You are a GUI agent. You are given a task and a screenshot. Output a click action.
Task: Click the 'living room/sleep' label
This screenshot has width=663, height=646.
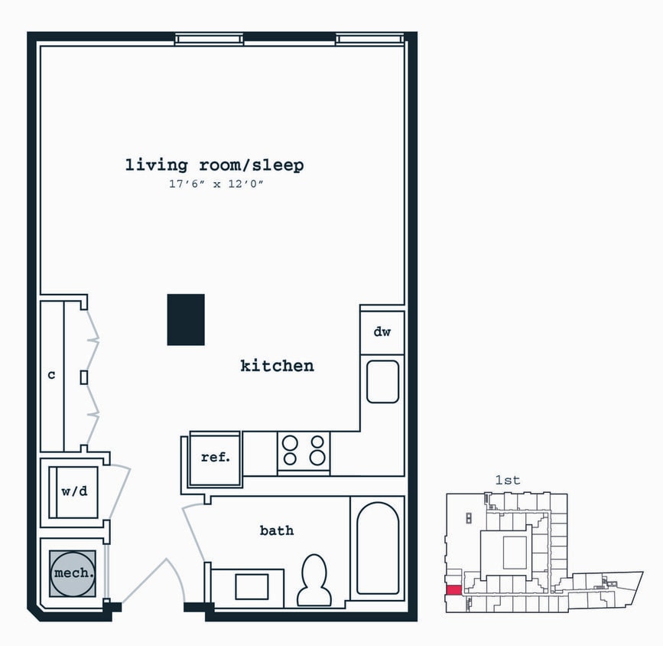click(x=214, y=165)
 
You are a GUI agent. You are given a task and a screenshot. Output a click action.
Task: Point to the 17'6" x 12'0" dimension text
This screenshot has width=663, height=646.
click(x=216, y=184)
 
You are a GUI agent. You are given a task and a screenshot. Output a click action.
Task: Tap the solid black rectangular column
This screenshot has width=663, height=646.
click(x=186, y=320)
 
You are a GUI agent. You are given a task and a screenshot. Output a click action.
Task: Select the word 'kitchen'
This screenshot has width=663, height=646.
click(x=278, y=366)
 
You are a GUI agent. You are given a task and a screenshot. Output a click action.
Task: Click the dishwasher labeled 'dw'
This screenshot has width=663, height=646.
click(x=382, y=332)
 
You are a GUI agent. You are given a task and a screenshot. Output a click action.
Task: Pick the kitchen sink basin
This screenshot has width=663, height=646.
click(x=382, y=381)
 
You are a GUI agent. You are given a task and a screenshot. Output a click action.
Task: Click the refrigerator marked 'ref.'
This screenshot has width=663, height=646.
click(x=216, y=458)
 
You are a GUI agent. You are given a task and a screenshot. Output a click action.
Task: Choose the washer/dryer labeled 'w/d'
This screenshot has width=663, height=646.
click(x=73, y=492)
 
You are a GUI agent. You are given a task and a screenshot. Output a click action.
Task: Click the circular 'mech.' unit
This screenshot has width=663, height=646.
click(x=73, y=573)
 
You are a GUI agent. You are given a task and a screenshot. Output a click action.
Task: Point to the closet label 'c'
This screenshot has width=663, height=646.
click(x=51, y=374)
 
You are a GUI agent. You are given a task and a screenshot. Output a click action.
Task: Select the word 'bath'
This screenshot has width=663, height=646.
click(x=277, y=530)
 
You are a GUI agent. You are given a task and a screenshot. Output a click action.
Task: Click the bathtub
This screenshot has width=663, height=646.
click(x=378, y=548)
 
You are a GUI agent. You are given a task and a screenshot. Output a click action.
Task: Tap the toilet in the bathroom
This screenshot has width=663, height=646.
click(x=314, y=580)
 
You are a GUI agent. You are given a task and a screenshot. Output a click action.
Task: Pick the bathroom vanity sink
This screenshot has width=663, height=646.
click(x=252, y=587)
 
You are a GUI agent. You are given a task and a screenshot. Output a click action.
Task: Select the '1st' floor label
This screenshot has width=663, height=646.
click(x=508, y=480)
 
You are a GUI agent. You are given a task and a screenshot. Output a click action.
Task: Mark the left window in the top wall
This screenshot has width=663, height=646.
click(x=210, y=39)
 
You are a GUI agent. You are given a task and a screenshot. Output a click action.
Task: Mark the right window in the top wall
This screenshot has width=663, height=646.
click(x=370, y=39)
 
